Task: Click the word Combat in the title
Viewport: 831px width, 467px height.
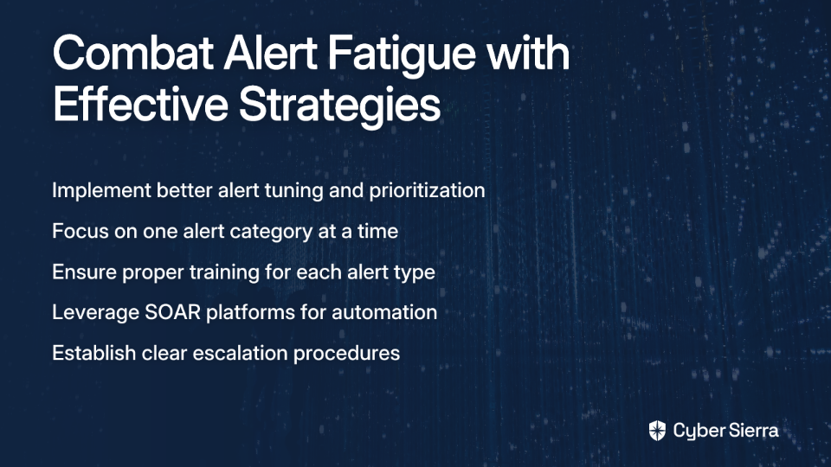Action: point(133,53)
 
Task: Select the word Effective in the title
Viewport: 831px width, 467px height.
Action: point(140,103)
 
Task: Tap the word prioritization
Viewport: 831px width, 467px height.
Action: point(427,191)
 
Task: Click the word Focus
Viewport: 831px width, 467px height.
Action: point(81,231)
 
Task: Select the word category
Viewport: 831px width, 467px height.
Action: point(271,232)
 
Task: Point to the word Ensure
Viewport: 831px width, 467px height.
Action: point(84,272)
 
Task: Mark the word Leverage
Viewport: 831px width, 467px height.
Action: point(95,313)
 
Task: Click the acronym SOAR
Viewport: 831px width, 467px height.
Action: point(173,312)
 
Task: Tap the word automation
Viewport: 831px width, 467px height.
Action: point(384,312)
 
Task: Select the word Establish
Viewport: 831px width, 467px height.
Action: point(93,353)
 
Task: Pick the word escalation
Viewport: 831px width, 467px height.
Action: point(240,353)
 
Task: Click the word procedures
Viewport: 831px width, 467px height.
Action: point(346,353)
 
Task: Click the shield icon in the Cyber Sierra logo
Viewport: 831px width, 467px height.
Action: point(657,431)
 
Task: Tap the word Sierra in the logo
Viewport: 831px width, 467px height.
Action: point(751,431)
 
